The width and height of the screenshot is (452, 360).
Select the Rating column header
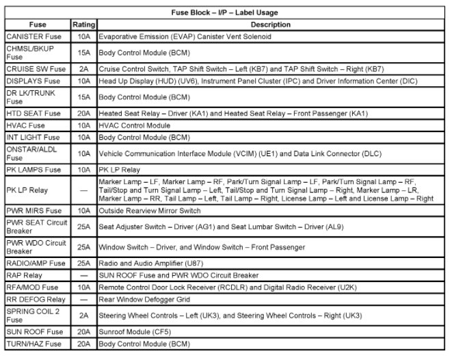(84, 25)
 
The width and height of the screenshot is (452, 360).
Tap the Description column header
(271, 25)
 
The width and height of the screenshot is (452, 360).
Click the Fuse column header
(36, 25)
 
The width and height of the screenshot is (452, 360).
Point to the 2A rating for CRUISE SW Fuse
(84, 69)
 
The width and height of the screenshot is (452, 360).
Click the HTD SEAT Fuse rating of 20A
(84, 113)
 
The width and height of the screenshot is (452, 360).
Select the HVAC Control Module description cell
(134, 125)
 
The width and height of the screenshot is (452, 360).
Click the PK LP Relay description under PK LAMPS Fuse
(120, 169)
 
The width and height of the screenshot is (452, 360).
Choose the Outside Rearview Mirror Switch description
(150, 211)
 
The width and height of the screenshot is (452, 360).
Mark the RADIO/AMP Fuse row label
(36, 263)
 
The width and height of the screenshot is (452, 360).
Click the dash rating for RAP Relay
(84, 274)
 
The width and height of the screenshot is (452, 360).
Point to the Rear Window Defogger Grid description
(142, 299)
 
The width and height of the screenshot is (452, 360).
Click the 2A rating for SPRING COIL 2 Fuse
(84, 316)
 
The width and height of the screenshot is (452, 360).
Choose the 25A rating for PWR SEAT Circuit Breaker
(84, 227)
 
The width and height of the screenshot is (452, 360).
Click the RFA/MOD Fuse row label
(32, 287)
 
